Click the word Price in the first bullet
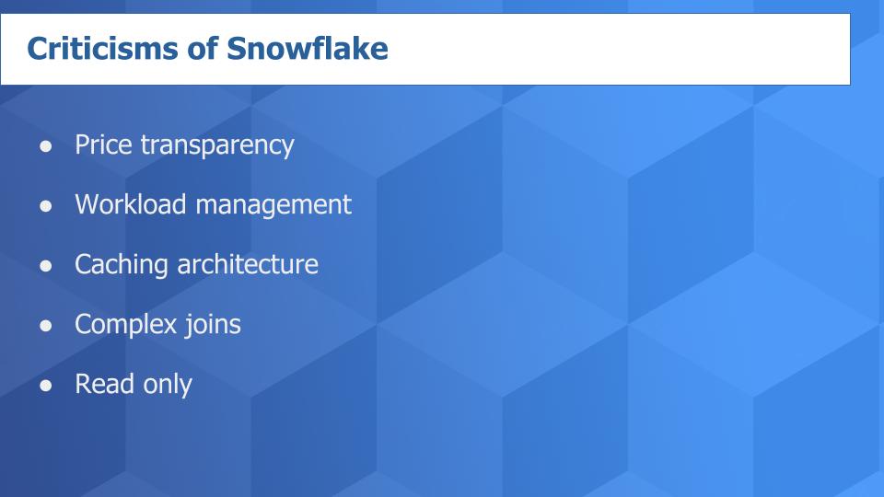104,145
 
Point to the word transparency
217,145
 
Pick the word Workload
130,204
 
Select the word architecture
248,265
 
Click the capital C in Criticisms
36,50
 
